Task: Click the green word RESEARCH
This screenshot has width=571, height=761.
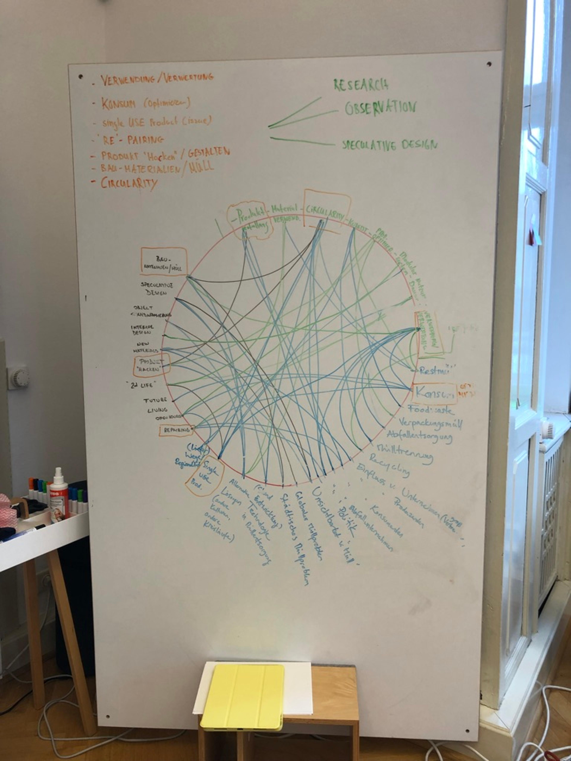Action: (361, 85)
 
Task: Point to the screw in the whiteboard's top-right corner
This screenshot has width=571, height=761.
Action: (489, 64)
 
